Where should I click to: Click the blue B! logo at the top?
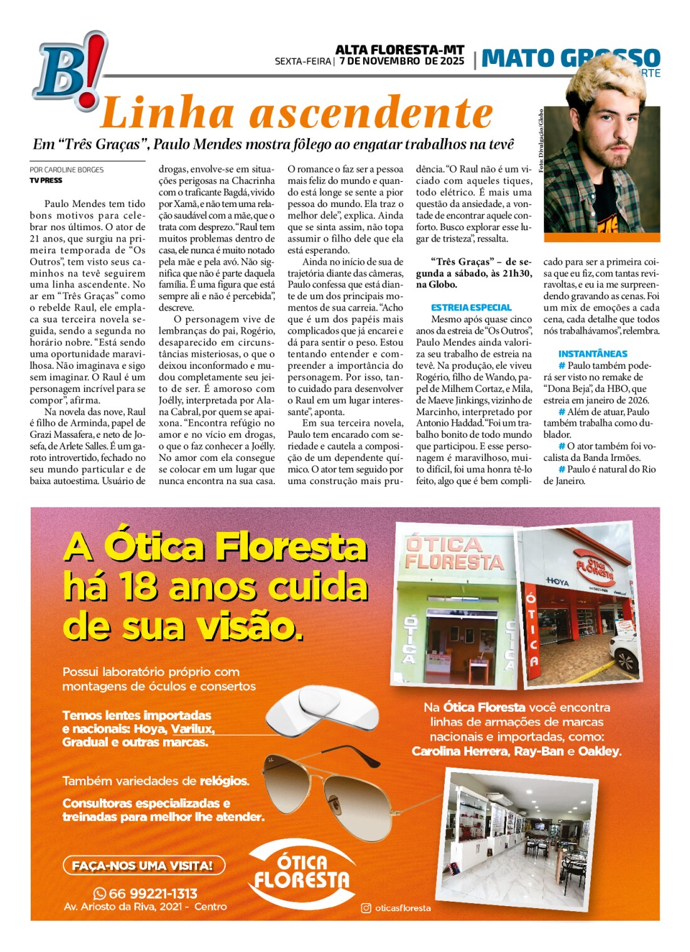pos(69,72)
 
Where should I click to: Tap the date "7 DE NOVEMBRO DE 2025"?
pos(402,61)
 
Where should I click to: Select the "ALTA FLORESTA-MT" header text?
pos(400,50)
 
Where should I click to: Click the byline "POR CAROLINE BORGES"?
pos(66,170)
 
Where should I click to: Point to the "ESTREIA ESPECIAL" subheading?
pos(471,307)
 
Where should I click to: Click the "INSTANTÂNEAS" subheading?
pos(593,354)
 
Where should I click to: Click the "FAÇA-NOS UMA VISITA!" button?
pos(143,865)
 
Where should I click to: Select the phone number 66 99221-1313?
pos(153,894)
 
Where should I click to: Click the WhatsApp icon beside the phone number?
pos(100,894)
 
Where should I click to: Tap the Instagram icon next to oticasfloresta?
pos(366,907)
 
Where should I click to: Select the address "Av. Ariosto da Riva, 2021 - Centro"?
pos(145,907)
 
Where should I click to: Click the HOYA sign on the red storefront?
pos(556,581)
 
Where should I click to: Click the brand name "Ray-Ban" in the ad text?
pos(539,751)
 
